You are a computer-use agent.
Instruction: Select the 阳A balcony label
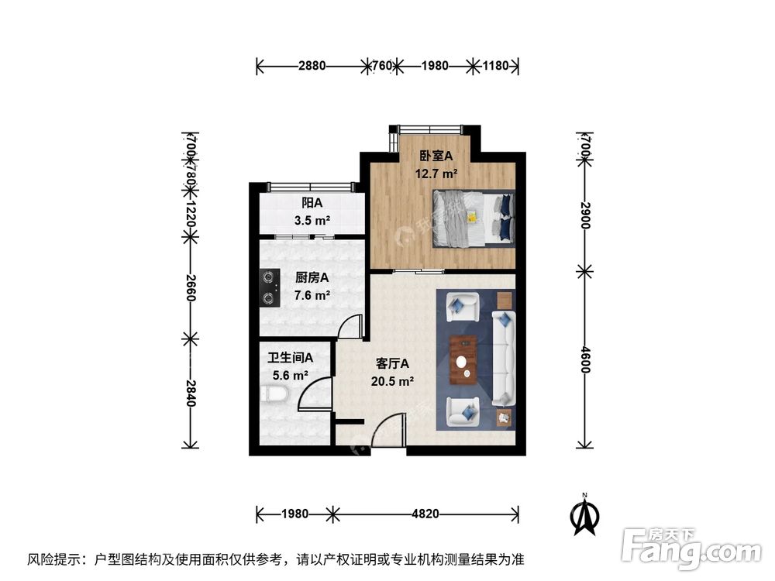pos(312,204)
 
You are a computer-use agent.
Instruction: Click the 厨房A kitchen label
pos(312,277)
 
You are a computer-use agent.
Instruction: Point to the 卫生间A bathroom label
pos(291,358)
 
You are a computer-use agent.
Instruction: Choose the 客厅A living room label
pos(392,363)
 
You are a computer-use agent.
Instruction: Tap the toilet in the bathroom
pos(275,395)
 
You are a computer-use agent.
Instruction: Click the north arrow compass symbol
pos(586,516)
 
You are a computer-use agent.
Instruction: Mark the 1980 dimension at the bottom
pos(294,513)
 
